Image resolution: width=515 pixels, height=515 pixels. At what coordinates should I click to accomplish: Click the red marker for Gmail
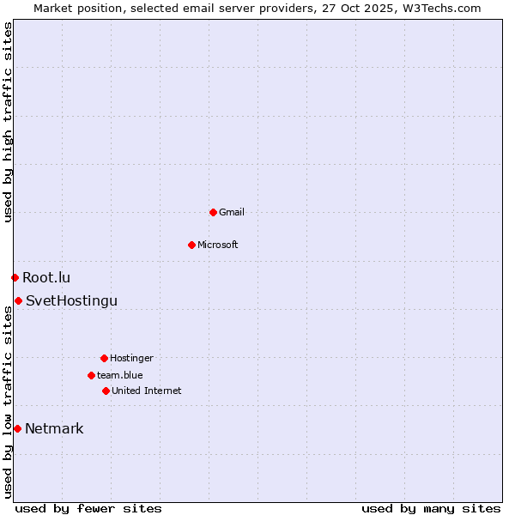click(x=213, y=212)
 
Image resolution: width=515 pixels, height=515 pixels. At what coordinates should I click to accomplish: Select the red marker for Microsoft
click(x=191, y=245)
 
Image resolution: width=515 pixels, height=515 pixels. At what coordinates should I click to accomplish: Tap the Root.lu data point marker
click(x=15, y=277)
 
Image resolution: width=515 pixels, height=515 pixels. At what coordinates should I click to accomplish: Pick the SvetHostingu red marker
click(x=18, y=300)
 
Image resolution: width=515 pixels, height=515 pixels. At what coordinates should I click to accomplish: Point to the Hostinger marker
click(x=104, y=358)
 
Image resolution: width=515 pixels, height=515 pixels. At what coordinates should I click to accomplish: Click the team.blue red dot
click(x=91, y=375)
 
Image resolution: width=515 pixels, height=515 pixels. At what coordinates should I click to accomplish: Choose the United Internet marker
click(x=106, y=391)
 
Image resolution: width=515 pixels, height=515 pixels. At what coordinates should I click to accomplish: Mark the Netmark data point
click(x=17, y=428)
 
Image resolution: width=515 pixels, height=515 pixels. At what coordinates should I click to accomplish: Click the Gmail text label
click(x=232, y=212)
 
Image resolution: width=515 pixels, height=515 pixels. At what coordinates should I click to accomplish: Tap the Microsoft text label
click(x=218, y=245)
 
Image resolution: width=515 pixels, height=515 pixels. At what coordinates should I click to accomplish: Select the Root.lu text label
click(x=46, y=277)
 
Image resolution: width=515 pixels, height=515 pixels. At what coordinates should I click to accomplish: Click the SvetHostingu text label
click(x=71, y=300)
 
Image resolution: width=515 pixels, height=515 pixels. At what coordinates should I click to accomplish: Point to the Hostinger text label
click(x=131, y=358)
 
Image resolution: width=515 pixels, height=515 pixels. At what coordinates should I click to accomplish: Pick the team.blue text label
click(x=120, y=375)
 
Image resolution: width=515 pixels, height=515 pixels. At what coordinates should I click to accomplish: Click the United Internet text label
click(x=147, y=391)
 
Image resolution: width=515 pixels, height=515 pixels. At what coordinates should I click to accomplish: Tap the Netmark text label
click(x=54, y=428)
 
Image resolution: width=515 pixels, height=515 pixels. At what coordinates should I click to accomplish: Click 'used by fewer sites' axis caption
click(x=88, y=508)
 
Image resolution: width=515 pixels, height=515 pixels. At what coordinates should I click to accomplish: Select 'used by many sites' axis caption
click(x=431, y=508)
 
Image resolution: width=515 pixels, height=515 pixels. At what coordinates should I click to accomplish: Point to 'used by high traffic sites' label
click(x=8, y=122)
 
